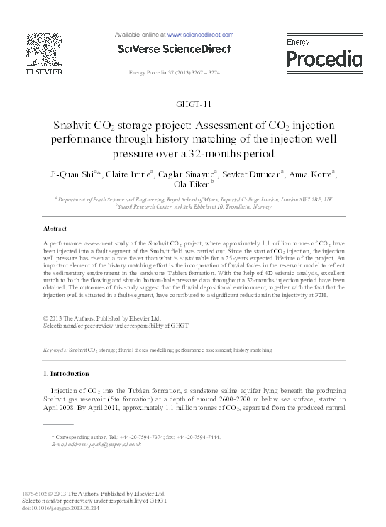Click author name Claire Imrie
(x=133, y=174)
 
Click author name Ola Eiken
(x=192, y=184)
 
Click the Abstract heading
(x=55, y=228)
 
